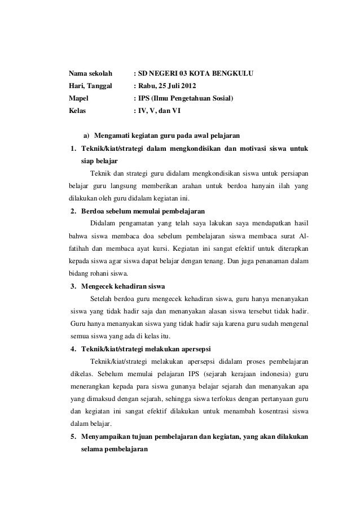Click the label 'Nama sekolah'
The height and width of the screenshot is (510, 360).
(90, 73)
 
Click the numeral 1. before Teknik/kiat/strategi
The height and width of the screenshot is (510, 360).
(73, 149)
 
